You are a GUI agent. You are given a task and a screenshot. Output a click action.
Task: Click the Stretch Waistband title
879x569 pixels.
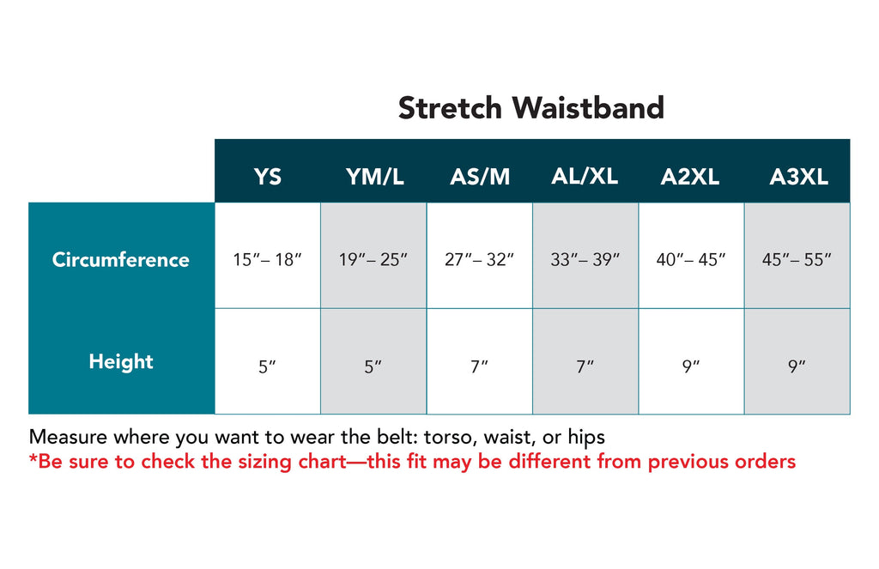530,107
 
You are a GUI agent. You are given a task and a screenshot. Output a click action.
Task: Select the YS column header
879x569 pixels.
268,177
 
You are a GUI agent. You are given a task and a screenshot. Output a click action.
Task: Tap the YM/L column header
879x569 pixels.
374,177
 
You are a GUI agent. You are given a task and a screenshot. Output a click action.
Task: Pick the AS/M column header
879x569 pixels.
480,177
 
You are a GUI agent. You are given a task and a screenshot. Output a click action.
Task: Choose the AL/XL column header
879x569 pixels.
585,177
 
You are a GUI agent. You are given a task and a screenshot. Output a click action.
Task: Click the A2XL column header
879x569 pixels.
690,177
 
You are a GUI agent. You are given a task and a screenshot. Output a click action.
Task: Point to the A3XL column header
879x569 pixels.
799,177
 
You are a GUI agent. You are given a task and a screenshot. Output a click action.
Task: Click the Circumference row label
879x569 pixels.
120,259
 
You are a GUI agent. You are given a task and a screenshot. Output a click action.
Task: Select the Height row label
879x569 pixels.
121,362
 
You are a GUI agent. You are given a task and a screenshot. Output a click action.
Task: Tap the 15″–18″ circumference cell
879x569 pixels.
268,259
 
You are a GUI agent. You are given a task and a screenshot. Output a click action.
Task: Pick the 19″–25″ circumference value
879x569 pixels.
373,259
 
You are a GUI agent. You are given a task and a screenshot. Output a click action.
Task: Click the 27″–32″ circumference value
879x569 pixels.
479,259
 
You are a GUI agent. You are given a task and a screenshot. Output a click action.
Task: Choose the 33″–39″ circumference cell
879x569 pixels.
585,259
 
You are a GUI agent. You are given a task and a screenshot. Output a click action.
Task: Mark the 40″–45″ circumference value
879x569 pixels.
691,259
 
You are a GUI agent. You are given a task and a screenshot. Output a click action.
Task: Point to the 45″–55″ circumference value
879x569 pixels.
797,259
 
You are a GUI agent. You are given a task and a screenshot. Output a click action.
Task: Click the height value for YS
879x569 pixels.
268,366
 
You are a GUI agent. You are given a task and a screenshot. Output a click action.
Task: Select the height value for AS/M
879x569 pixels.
479,366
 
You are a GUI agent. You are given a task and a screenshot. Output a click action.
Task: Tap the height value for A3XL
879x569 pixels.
797,366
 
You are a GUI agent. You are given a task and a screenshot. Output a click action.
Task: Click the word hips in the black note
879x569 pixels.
586,437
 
